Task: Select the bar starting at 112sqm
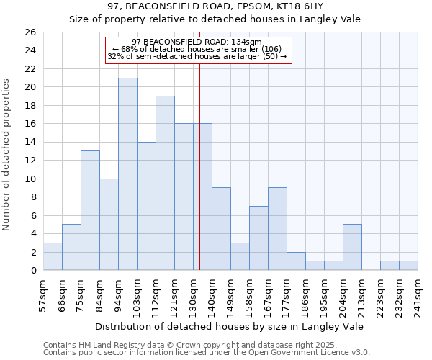pos(165,183)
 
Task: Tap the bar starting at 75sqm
pos(90,210)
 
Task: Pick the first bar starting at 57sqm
pos(53,256)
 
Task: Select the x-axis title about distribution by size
pos(230,326)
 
